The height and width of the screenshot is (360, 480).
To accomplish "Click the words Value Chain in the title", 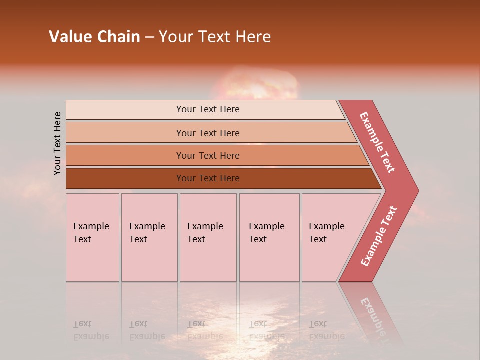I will click(94, 37).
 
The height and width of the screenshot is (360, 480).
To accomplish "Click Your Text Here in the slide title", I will click(215, 37).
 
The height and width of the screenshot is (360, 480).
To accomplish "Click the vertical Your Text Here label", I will click(57, 144).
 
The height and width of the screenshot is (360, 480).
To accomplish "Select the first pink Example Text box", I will click(92, 237).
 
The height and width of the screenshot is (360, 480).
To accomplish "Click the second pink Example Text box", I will click(149, 237).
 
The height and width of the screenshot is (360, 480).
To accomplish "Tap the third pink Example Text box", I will click(208, 237).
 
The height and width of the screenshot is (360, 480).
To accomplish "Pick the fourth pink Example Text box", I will click(269, 237).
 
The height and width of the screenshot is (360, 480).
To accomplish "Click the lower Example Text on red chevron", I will click(379, 236).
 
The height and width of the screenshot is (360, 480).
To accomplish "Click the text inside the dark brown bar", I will click(208, 178).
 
